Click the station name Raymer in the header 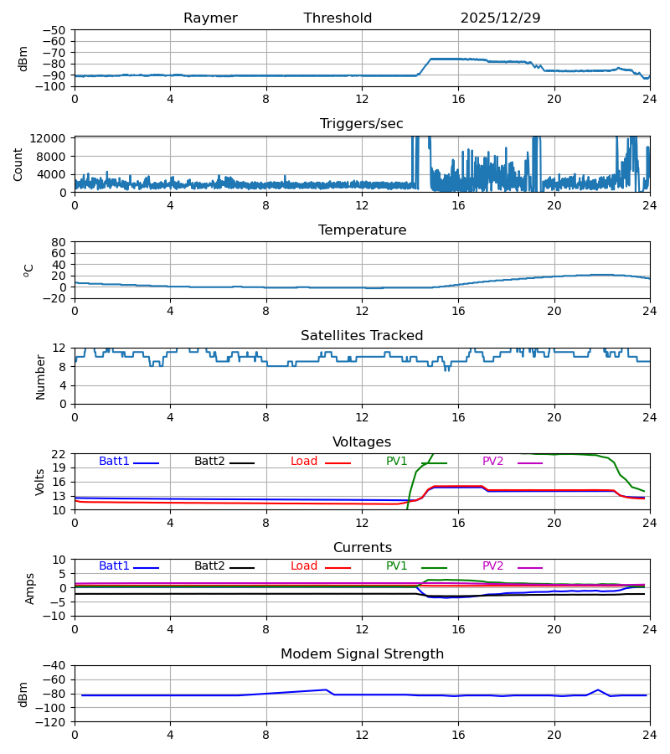pyautogui.click(x=210, y=18)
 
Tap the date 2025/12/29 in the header pyautogui.click(x=500, y=18)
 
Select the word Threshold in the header pyautogui.click(x=338, y=18)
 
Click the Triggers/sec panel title pyautogui.click(x=362, y=124)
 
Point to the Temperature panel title pyautogui.click(x=362, y=230)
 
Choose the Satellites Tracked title pyautogui.click(x=362, y=336)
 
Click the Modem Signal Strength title pyautogui.click(x=362, y=654)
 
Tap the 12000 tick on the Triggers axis pyautogui.click(x=51, y=138)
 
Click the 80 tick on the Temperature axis pyautogui.click(x=59, y=242)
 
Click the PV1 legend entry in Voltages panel pyautogui.click(x=397, y=462)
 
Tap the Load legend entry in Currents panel pyautogui.click(x=304, y=566)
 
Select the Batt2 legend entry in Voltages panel pyautogui.click(x=209, y=462)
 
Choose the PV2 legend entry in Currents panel pyautogui.click(x=493, y=566)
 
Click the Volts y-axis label pyautogui.click(x=40, y=482)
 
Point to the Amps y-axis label pyautogui.click(x=31, y=588)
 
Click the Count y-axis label pyautogui.click(x=18, y=164)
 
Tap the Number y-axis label pyautogui.click(x=40, y=376)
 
